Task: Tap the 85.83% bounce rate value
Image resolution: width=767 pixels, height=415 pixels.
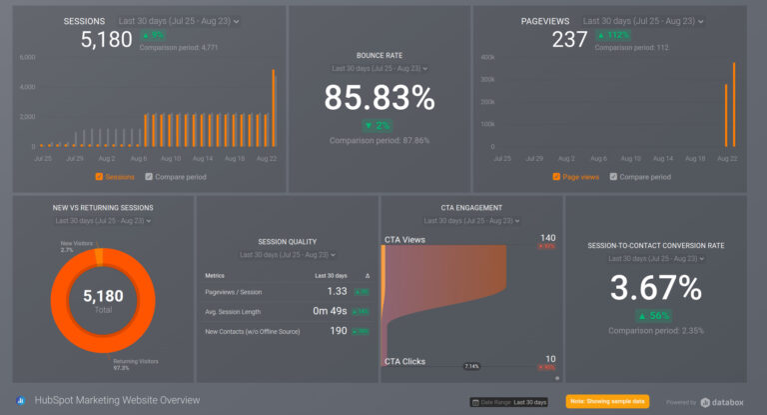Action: coord(380,98)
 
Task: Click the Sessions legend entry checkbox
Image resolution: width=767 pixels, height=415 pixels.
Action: coord(98,177)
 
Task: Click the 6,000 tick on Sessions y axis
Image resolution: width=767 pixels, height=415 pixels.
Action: coord(27,58)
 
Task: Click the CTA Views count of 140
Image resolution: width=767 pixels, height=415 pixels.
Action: coord(547,238)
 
